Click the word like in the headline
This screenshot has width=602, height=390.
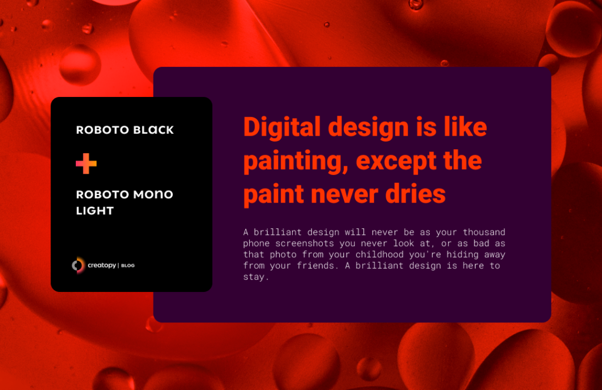tap(463, 127)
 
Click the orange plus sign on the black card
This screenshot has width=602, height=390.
tap(86, 163)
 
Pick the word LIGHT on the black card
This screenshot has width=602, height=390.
tap(95, 210)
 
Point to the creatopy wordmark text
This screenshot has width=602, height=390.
tap(101, 266)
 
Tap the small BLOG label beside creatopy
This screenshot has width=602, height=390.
tap(128, 266)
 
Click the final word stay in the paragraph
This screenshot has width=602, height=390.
tap(255, 277)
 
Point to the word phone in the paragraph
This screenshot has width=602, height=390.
tap(256, 243)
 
